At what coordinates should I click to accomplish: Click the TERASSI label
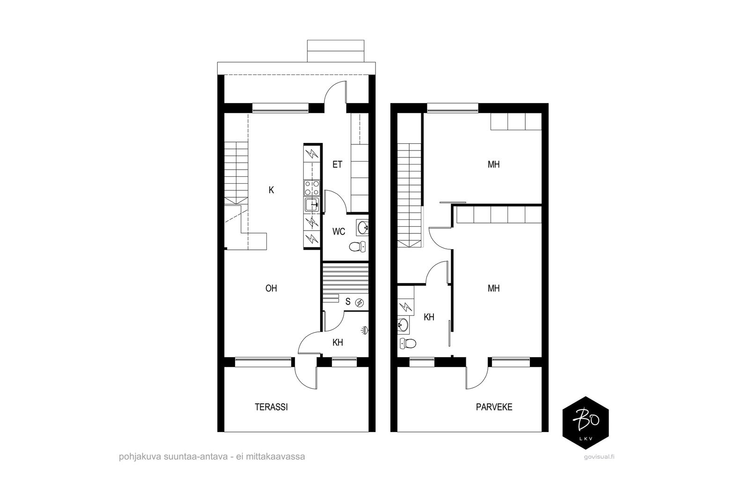click(271, 407)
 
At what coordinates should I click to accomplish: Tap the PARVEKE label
click(494, 407)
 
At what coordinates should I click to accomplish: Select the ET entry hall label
click(338, 164)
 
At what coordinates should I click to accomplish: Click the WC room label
click(339, 231)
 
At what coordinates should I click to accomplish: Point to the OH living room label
click(271, 288)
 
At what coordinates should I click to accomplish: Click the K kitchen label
click(271, 190)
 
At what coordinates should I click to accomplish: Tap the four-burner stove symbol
click(312, 188)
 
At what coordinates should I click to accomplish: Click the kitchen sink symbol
click(312, 204)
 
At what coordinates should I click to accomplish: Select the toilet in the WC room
click(358, 247)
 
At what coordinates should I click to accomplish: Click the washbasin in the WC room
click(362, 228)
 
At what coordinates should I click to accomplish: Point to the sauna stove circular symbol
click(360, 303)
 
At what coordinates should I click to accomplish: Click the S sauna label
click(348, 302)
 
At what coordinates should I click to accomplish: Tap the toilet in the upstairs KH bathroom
click(408, 343)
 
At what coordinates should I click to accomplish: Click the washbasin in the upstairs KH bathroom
click(403, 325)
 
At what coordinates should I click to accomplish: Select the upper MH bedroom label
click(493, 164)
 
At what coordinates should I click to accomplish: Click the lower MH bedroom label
click(493, 288)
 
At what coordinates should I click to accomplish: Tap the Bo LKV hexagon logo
click(586, 423)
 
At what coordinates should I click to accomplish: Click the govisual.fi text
click(599, 457)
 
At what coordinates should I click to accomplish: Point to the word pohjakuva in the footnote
click(140, 457)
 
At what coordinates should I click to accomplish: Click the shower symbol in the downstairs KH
click(365, 331)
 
